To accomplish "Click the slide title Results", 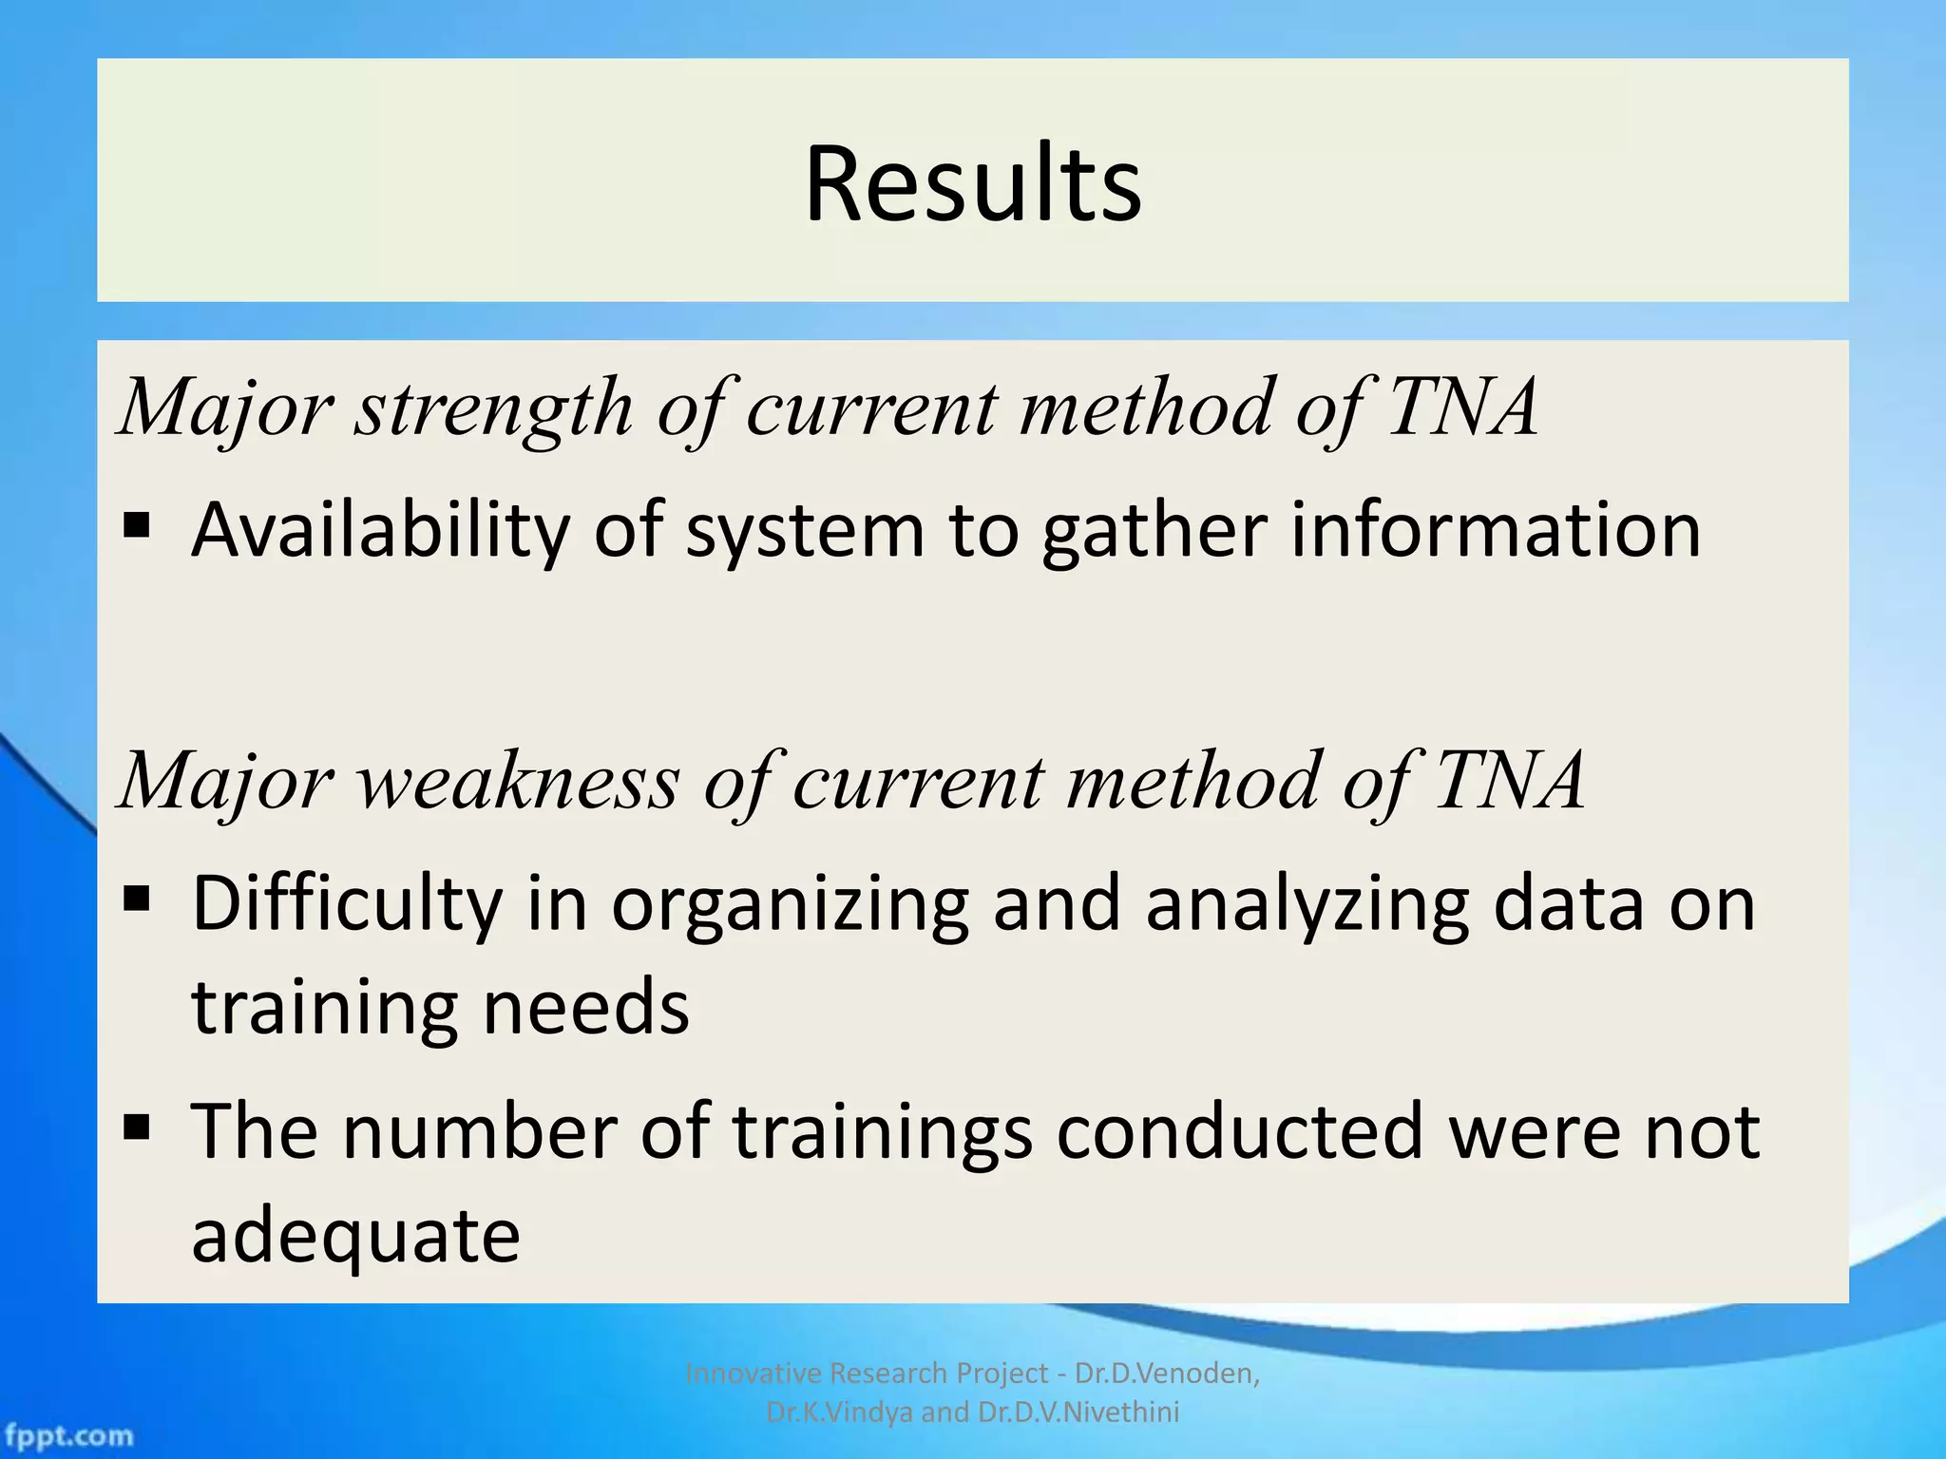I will point(972,183).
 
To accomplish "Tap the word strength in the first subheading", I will point(494,408).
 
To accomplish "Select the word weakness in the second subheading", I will point(518,782).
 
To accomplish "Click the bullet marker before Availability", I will point(137,524).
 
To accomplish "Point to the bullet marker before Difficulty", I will point(137,898).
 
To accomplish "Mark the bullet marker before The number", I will point(137,1127).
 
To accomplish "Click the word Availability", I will point(380,530).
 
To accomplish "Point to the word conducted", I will point(1239,1130).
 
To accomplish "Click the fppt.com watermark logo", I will point(68,1435).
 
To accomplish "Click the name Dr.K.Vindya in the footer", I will point(840,1412).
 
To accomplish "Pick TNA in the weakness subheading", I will point(1509,782).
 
